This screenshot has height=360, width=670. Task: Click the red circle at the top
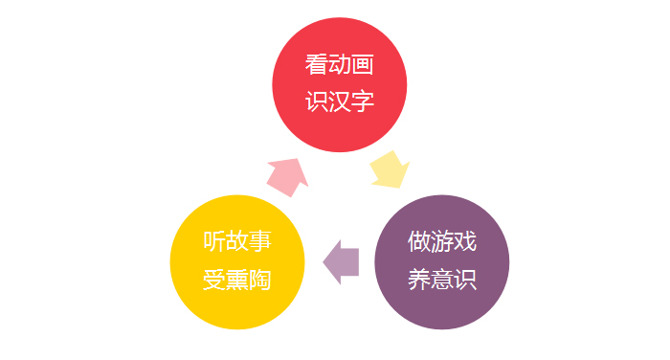click(x=340, y=84)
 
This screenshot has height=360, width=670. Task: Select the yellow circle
click(x=237, y=260)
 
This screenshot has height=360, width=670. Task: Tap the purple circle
click(x=441, y=260)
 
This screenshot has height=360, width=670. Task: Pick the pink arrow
click(x=287, y=174)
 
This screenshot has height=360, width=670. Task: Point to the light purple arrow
click(x=342, y=260)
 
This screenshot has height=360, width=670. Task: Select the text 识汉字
click(x=340, y=102)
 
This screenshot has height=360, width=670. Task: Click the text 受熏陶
click(x=237, y=280)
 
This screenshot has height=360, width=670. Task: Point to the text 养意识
click(x=441, y=280)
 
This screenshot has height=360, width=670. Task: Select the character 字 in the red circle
click(x=363, y=102)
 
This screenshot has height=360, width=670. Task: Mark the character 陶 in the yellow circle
click(x=260, y=280)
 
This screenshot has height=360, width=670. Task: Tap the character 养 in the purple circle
click(x=418, y=280)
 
